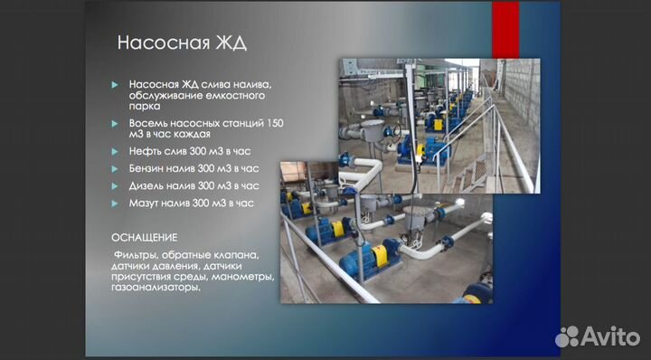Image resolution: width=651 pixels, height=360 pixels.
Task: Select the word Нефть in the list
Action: (144, 151)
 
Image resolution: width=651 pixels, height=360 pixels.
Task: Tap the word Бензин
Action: (147, 168)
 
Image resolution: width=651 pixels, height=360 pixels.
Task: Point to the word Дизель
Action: (147, 185)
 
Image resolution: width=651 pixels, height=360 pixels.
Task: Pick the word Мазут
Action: (145, 204)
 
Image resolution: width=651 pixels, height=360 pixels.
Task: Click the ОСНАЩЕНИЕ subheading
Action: (146, 236)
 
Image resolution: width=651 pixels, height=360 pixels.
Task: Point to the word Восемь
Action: (148, 122)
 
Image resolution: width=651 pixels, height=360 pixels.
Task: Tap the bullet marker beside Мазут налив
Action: (115, 204)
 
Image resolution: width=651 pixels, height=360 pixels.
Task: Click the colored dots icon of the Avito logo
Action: (567, 336)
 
